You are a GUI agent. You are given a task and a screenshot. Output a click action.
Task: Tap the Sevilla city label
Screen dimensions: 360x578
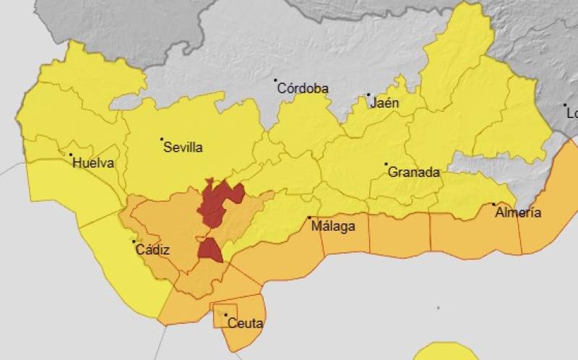coord(184,148)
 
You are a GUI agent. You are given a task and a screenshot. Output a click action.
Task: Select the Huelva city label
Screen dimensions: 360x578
coord(94,163)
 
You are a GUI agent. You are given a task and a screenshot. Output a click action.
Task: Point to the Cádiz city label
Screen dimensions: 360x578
coord(152,251)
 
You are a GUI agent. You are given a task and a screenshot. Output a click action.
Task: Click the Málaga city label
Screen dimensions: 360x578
coord(333,227)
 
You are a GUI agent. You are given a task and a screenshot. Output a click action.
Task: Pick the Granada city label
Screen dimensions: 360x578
coord(414,173)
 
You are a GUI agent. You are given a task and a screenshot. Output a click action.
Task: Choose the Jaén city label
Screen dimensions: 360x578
coord(384,103)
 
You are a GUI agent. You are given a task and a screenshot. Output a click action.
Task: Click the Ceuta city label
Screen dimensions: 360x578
coord(246,324)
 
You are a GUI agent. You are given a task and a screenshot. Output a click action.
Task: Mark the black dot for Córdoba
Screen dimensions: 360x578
coord(275,81)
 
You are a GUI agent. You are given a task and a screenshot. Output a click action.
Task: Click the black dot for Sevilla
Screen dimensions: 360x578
coord(162,139)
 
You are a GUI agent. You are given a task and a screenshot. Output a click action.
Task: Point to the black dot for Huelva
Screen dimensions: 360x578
coord(71,155)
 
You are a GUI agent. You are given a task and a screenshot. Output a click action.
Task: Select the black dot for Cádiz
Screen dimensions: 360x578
coord(132,241)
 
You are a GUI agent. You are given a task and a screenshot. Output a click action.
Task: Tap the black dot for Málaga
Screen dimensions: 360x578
coord(310,218)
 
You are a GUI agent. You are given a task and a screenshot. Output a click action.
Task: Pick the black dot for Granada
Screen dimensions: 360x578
coord(386,164)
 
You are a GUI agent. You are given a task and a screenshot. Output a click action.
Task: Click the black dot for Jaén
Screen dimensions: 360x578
coord(368,95)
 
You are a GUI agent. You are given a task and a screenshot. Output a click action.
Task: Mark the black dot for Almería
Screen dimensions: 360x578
coord(494,205)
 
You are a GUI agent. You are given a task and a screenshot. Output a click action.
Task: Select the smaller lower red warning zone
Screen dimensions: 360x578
coord(210,250)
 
